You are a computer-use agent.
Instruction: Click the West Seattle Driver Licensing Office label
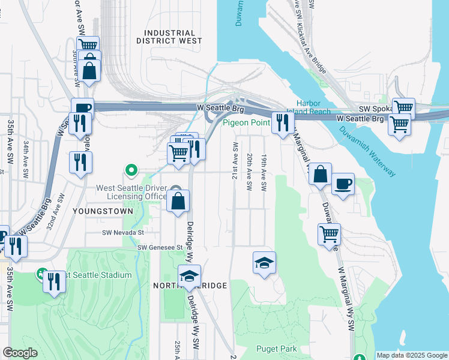click(x=132, y=192)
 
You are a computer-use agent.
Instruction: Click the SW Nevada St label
click(x=123, y=233)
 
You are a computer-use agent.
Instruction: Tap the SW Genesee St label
click(x=159, y=247)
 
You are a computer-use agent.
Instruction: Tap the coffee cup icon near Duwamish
click(x=343, y=184)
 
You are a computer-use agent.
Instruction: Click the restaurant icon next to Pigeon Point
click(x=282, y=123)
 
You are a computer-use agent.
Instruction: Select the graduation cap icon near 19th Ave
click(x=264, y=262)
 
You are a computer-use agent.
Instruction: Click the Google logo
click(x=20, y=353)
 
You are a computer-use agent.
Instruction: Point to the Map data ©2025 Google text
click(x=411, y=355)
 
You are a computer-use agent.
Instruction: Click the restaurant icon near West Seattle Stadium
click(x=54, y=281)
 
